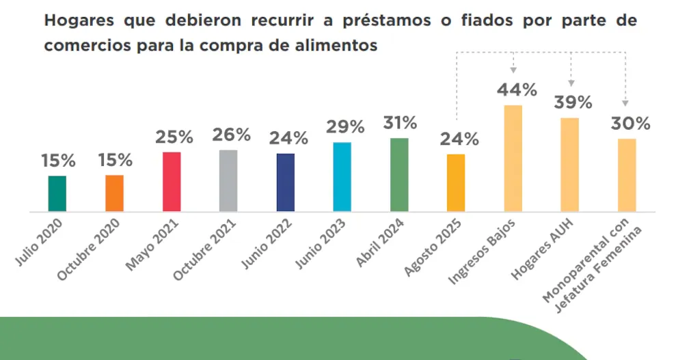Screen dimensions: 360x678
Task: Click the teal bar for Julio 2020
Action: [57, 194]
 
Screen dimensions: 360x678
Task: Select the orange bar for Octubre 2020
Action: [114, 193]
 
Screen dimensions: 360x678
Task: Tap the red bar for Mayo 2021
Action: [172, 182]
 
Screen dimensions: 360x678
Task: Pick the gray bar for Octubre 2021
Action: [228, 181]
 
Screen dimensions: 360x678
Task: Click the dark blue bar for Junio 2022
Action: [286, 182]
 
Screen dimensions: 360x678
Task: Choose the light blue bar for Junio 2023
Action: [342, 177]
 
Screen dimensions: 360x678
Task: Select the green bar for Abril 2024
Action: [399, 175]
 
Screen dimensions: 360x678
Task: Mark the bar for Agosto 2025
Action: [456, 183]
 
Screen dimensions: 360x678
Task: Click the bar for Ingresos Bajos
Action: [513, 158]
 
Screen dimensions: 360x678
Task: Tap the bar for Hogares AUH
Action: [570, 165]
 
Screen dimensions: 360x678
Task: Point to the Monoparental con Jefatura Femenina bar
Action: [627, 176]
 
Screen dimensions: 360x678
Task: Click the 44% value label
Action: [517, 90]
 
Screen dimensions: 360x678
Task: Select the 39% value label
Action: [573, 102]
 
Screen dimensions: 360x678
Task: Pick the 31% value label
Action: [400, 123]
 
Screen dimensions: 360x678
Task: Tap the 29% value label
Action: [345, 127]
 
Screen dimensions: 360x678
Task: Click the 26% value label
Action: [231, 135]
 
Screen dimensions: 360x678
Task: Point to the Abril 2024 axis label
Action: [380, 244]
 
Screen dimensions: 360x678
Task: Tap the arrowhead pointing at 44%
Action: [513, 70]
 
